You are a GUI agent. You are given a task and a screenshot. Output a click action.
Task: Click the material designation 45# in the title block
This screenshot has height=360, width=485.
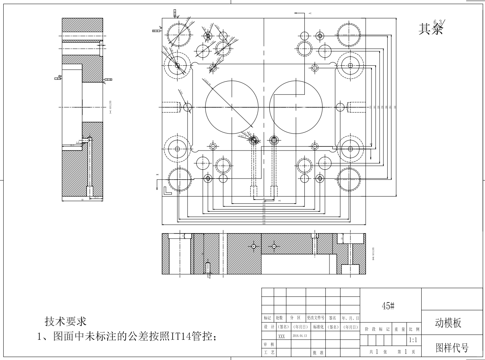[x=388, y=306]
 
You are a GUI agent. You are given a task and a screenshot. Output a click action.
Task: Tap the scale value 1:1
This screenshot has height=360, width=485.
[x=413, y=339]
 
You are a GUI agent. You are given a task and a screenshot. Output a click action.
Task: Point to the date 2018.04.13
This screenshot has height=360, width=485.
[x=299, y=336]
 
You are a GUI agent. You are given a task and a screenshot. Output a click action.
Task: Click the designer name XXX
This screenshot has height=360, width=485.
[x=282, y=336]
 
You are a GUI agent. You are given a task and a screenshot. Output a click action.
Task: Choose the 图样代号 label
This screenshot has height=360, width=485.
[x=452, y=348]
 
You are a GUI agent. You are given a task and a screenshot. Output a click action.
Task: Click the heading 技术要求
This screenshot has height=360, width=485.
[x=66, y=321]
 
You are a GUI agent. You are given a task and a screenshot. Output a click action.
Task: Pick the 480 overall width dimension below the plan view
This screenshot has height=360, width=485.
[x=264, y=224]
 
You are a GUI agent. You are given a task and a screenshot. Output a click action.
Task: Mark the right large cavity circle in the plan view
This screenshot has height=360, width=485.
[x=296, y=107]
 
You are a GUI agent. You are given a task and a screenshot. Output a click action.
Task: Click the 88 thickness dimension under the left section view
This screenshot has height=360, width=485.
[x=83, y=200]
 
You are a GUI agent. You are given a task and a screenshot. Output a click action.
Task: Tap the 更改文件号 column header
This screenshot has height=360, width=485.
[x=315, y=318]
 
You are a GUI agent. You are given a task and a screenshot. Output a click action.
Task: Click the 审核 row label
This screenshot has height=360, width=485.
[x=268, y=344]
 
